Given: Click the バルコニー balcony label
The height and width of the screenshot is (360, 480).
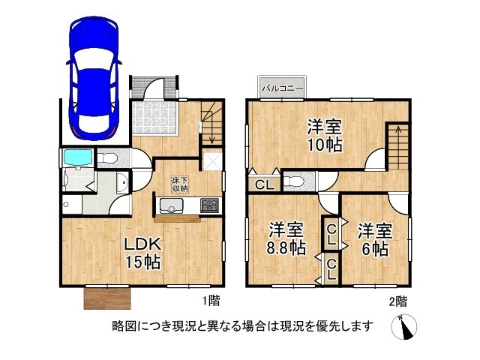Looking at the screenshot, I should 282,88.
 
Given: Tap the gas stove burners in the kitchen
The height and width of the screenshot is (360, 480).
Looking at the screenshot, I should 208,205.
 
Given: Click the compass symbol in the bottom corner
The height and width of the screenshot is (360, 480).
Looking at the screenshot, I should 405,327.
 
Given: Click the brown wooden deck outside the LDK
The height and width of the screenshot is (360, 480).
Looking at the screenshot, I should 108,298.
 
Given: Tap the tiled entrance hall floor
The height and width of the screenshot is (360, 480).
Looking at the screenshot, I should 154,117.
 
